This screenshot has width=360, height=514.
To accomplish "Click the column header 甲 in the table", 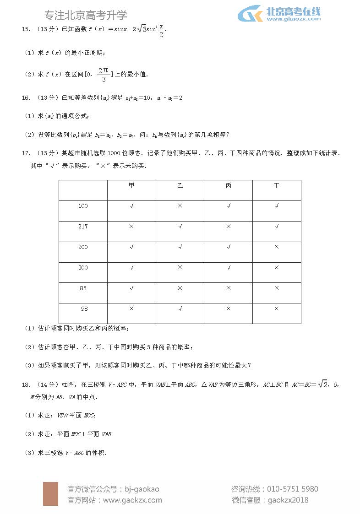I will pos(131,185).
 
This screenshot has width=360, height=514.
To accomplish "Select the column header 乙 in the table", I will pos(180,185).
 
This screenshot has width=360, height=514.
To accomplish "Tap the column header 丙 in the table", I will pos(229,185).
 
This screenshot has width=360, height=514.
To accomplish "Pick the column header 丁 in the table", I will pos(277,185).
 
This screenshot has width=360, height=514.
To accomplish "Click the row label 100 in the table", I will pos(83,206).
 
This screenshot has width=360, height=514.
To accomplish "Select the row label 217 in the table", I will pos(83,227).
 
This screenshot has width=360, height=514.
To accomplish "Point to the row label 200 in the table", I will pos(83,247).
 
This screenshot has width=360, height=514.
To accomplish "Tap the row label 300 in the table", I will pos(83,268).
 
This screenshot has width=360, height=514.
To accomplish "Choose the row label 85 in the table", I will pos(83,288).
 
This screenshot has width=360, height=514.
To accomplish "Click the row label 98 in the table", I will pos(84,309).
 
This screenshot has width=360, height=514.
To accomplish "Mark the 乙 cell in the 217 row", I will pos(180,227).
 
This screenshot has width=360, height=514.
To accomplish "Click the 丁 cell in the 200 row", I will pos(277,247).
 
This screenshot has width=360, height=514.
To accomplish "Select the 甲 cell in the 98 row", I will pos(131,309).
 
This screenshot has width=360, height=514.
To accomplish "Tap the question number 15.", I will pos(26,30).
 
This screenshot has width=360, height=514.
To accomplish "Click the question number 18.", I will pos(26,385).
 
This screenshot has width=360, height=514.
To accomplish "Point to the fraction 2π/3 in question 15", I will pos(104,75).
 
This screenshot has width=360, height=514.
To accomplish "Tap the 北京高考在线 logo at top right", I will pos(279,14).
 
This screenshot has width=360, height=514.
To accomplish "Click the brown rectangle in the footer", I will pos(50,493).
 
